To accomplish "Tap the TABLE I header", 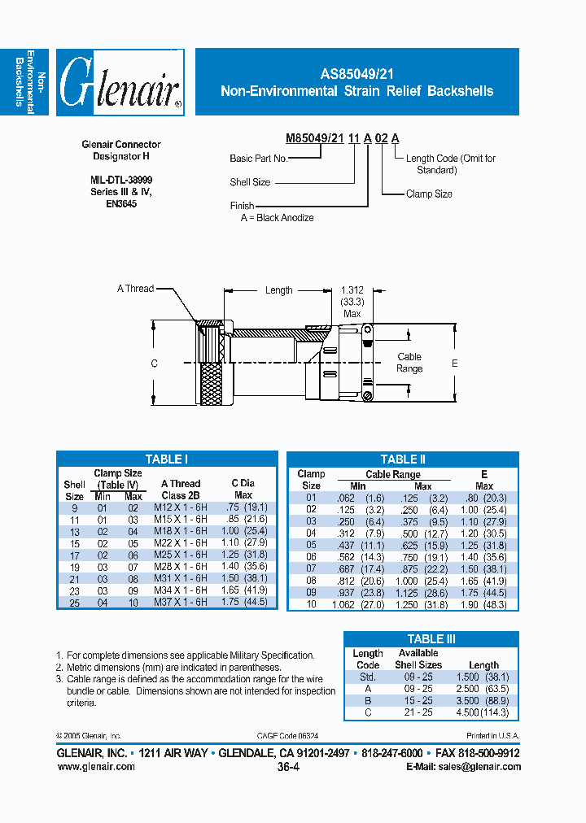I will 166,459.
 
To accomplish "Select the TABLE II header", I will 403,459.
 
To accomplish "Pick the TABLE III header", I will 431,639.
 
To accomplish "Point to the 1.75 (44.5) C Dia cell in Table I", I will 244,602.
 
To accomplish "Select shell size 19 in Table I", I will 74,567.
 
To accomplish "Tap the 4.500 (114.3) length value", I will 483,712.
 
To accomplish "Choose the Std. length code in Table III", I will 368,677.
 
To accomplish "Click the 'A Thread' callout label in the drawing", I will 135,289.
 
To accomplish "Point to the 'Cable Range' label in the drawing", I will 409,363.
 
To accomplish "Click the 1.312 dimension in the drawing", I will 352,290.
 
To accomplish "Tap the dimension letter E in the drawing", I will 455,363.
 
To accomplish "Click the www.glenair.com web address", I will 96,766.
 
